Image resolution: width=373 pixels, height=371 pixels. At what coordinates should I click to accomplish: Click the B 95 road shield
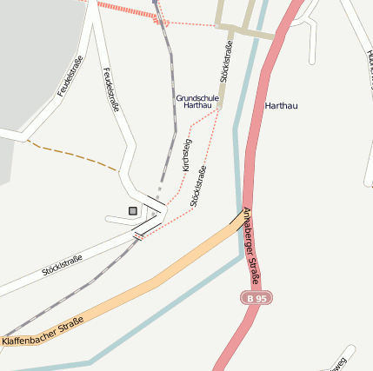coord(255,298)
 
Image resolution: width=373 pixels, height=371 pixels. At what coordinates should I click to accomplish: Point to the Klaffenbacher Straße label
coord(43,332)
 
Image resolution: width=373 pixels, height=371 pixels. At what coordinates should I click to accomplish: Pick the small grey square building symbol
coord(133,210)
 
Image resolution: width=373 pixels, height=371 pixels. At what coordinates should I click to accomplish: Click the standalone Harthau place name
coord(281,106)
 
